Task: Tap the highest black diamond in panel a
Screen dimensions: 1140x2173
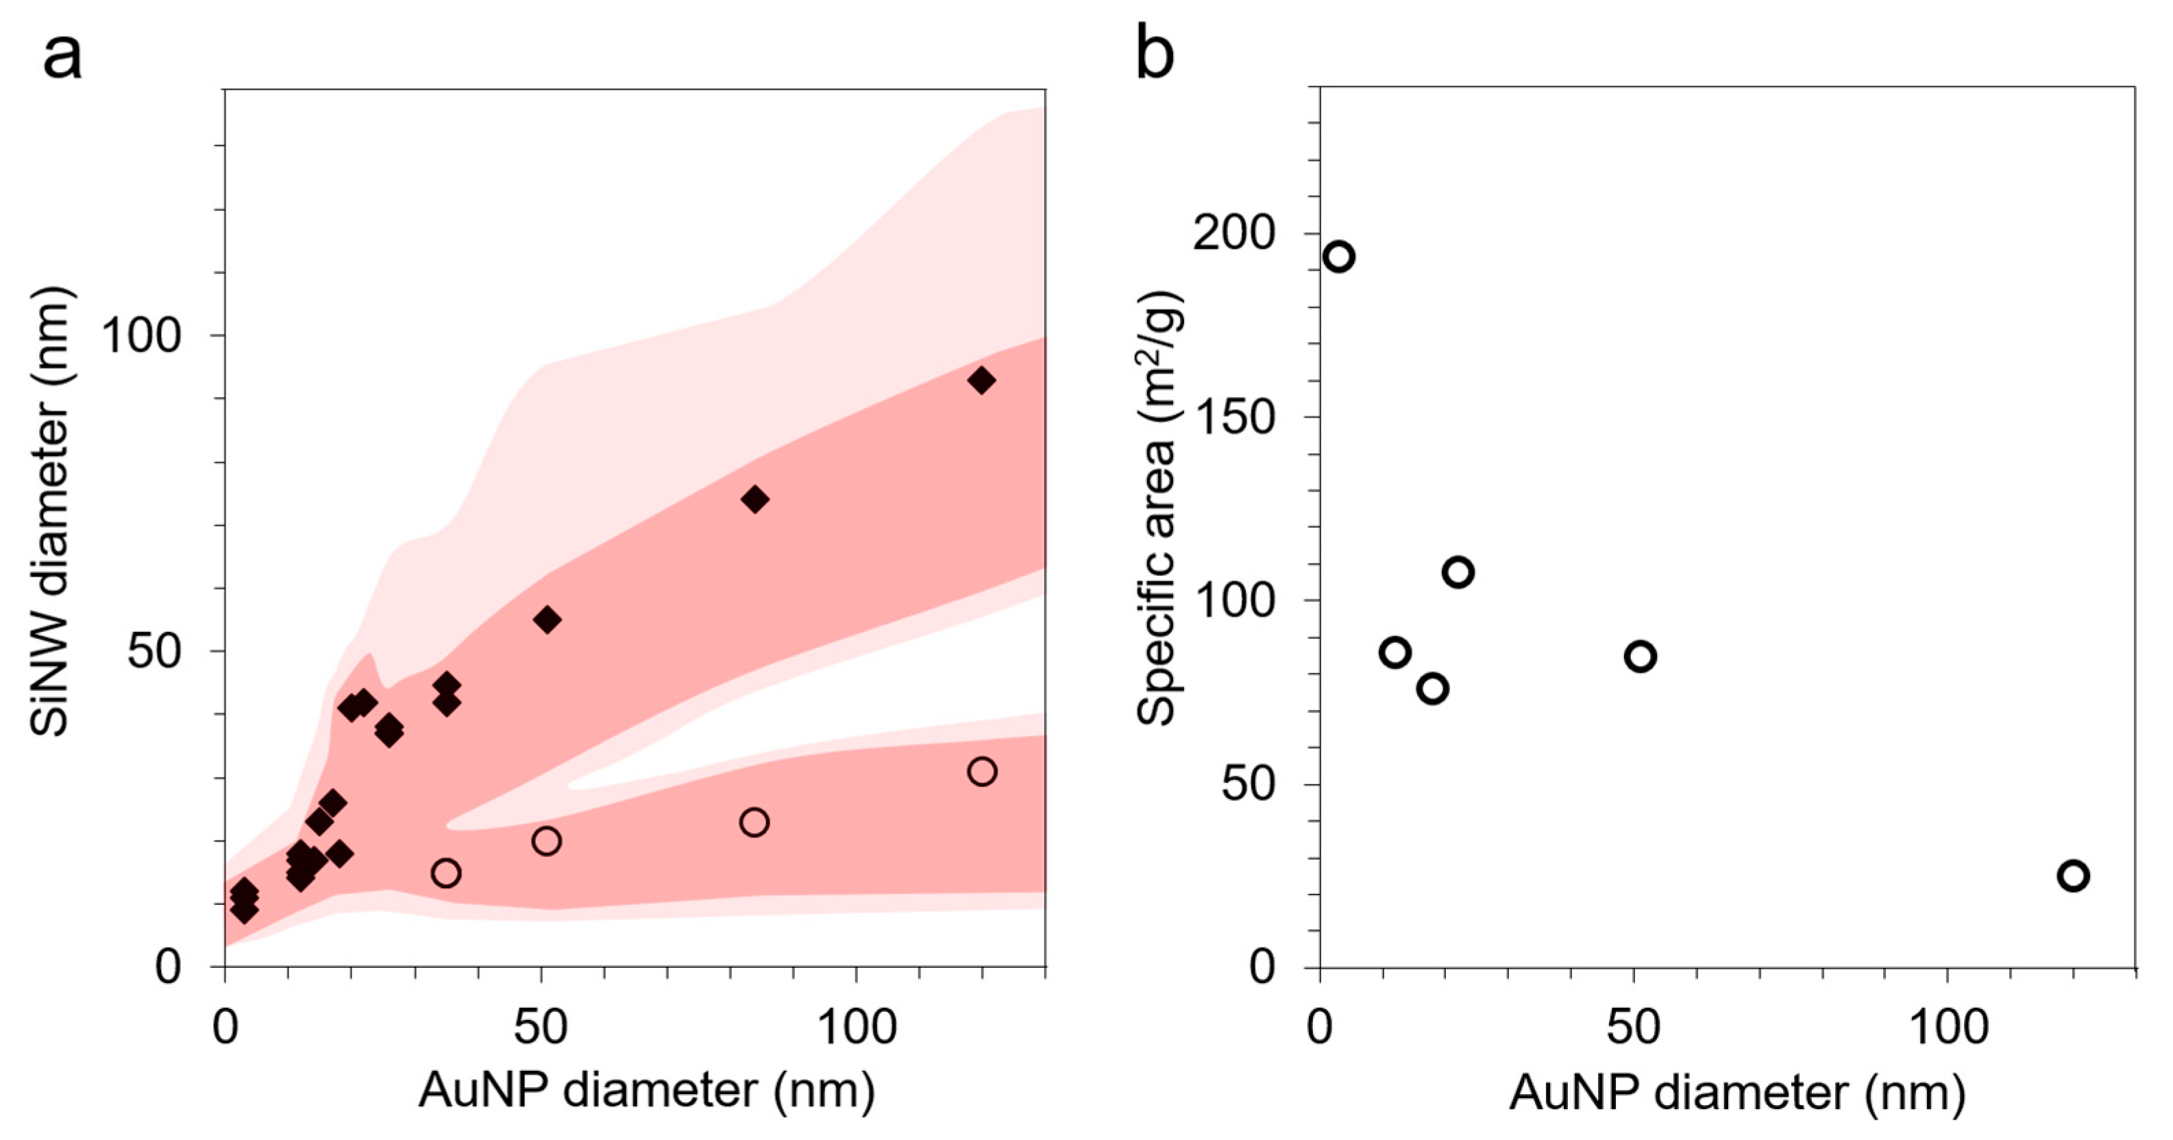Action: tap(981, 380)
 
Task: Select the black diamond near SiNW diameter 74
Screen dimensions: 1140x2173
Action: tap(755, 500)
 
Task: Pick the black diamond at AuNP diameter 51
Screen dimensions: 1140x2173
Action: tap(548, 620)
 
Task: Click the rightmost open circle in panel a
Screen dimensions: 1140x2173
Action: tap(982, 771)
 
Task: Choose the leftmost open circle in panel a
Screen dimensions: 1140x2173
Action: tap(445, 873)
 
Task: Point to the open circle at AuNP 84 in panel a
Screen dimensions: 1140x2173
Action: tap(754, 822)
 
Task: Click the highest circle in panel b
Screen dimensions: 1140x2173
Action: tap(1339, 256)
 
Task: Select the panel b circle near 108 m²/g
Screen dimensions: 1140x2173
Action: tap(1458, 572)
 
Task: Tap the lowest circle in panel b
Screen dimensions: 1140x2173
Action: tap(2073, 876)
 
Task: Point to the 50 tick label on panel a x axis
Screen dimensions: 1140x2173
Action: tap(540, 1028)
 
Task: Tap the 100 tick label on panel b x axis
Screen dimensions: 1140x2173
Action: tap(1946, 1028)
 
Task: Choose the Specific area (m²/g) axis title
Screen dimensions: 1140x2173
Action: tap(1160, 509)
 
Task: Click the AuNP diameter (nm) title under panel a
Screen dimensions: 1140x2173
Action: tap(646, 1090)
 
